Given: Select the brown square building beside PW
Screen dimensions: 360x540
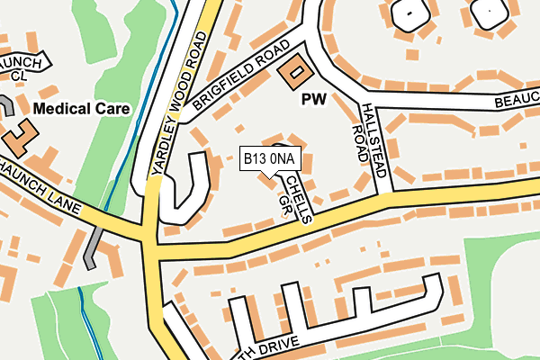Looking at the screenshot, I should click(292, 74).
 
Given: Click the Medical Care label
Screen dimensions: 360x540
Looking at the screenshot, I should click(82, 109).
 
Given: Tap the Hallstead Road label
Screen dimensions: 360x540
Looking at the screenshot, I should click(370, 135).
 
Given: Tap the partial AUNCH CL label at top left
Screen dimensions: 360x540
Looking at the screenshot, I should click(22, 65).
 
